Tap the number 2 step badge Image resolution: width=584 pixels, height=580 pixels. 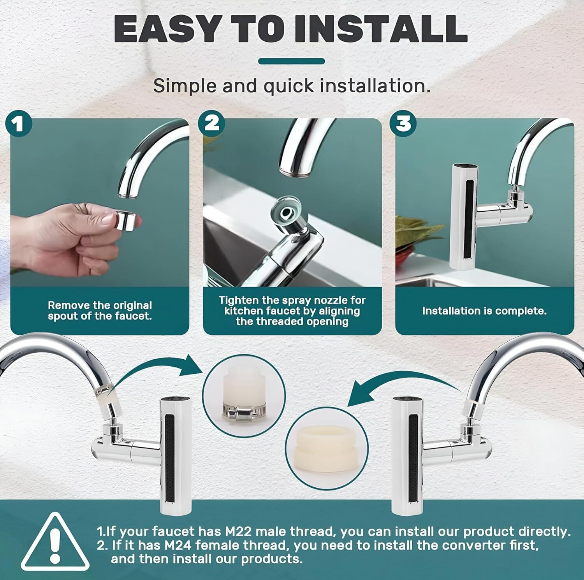(211, 123)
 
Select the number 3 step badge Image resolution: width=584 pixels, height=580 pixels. (403, 123)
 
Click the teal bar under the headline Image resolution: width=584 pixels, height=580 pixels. (291, 61)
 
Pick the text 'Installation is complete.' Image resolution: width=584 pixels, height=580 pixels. (484, 311)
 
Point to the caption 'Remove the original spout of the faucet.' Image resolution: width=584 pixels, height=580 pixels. (100, 311)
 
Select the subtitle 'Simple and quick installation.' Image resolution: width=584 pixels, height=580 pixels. (292, 85)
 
